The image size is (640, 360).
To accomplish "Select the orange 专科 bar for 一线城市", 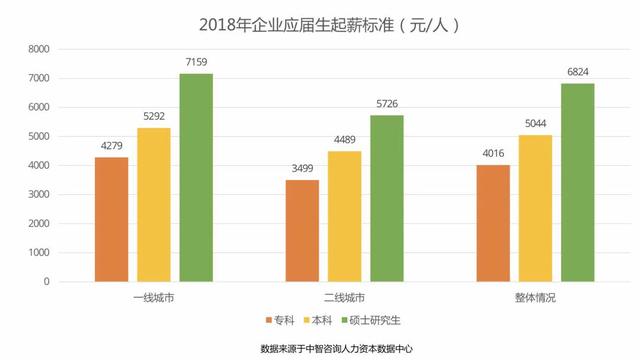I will [112, 219].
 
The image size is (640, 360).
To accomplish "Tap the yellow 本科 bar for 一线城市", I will [154, 204].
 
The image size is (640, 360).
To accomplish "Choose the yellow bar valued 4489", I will [344, 216].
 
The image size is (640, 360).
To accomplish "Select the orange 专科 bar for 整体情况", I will [493, 223].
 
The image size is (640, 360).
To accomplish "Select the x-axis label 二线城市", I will [344, 298].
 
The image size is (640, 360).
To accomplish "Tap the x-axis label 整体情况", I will [535, 298].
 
